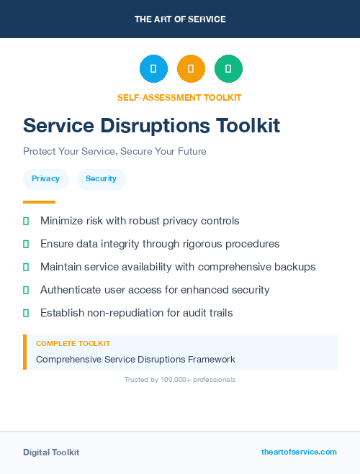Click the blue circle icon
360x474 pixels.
click(x=153, y=69)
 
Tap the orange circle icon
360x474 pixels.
click(x=191, y=69)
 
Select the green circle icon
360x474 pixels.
click(x=228, y=69)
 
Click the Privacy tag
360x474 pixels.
click(x=46, y=179)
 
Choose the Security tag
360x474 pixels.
click(x=101, y=179)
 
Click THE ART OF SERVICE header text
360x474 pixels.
click(x=180, y=19)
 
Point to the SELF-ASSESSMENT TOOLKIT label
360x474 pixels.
click(x=179, y=97)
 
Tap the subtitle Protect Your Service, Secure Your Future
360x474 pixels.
click(x=114, y=152)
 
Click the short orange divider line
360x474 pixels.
click(x=39, y=202)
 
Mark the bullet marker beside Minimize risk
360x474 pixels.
click(x=26, y=221)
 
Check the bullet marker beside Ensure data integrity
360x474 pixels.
click(x=26, y=245)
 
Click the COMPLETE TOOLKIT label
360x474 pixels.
click(x=73, y=344)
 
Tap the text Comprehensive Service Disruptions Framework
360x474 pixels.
click(x=135, y=359)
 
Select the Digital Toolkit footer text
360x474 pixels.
click(x=51, y=452)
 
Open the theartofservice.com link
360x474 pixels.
click(x=299, y=452)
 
